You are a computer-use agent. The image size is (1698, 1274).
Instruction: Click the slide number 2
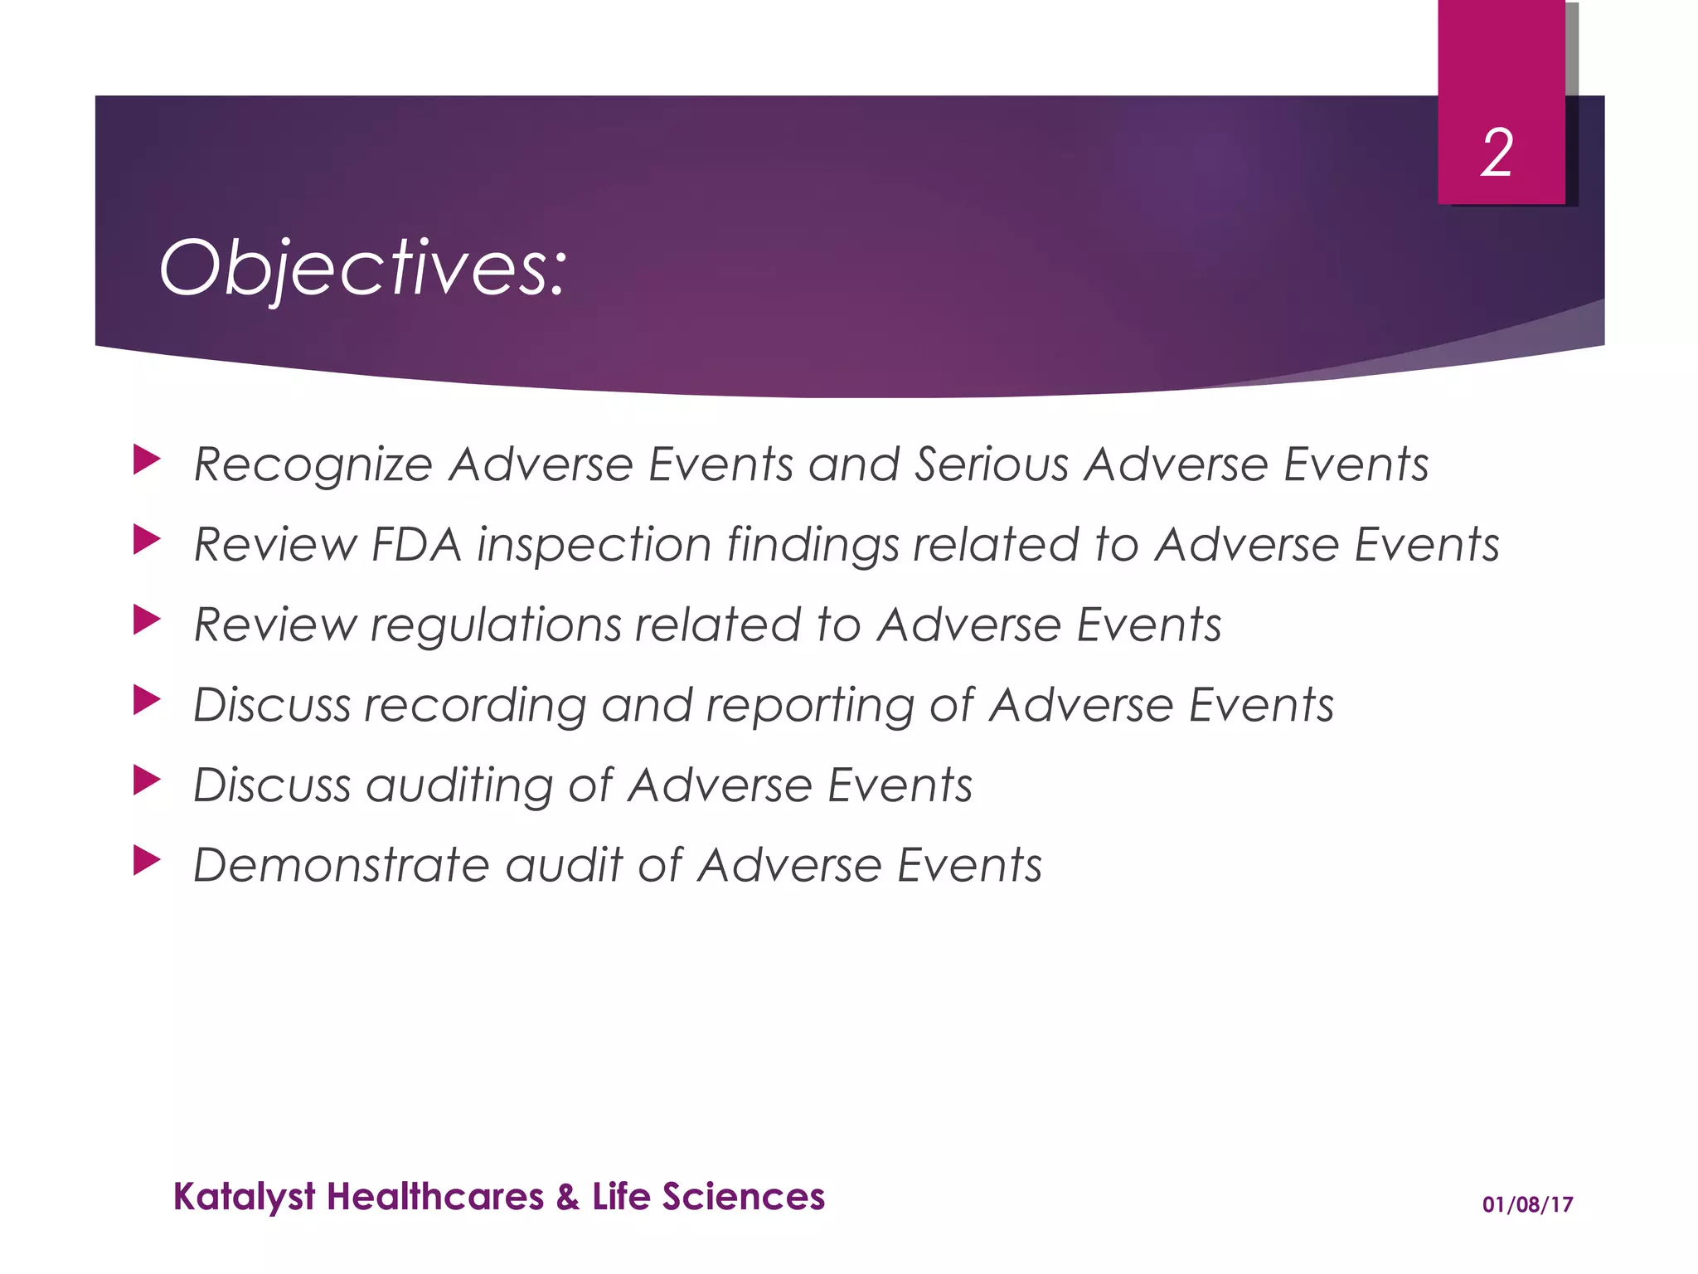tap(1497, 153)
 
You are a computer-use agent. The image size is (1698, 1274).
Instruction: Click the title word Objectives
tap(362, 268)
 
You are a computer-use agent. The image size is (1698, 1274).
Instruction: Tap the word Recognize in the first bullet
tap(313, 464)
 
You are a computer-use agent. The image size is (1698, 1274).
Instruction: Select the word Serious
tap(992, 464)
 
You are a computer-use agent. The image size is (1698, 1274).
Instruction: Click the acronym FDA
tap(415, 545)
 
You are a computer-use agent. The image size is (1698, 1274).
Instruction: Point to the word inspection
tap(594, 546)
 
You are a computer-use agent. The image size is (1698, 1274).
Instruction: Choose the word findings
tap(813, 546)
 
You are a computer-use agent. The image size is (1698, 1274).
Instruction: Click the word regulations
tap(495, 625)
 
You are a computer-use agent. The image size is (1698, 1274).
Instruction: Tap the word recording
tap(475, 706)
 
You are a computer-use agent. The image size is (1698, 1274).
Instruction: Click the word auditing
tap(458, 785)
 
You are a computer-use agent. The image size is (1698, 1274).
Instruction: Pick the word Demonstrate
tap(341, 865)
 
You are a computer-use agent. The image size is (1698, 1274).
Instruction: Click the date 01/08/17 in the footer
tap(1527, 1204)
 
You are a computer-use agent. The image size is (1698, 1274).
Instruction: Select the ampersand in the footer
tap(568, 1197)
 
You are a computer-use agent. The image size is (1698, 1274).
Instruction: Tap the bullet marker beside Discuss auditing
tap(146, 780)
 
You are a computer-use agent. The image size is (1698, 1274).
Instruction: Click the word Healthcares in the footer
tap(435, 1197)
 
